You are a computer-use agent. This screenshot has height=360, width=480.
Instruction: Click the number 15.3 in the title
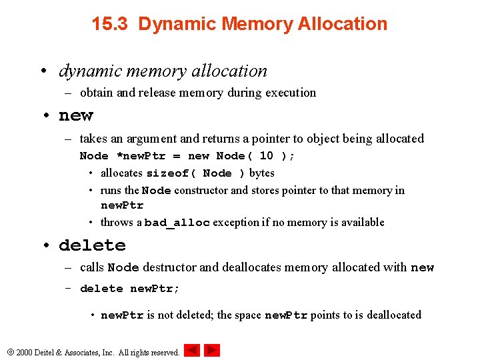point(112,25)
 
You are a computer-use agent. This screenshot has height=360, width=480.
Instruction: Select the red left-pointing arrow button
point(192,350)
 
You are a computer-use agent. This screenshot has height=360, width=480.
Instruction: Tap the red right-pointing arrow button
point(212,350)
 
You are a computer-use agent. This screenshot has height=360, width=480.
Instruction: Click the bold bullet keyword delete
point(92,246)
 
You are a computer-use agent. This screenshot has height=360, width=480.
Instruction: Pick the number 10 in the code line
point(266,156)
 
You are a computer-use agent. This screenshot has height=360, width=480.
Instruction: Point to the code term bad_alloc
point(177,223)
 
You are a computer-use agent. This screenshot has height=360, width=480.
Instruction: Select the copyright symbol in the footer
point(9,352)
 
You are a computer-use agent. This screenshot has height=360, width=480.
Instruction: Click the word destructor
point(169,268)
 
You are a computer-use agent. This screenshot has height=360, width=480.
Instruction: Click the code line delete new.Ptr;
point(130,289)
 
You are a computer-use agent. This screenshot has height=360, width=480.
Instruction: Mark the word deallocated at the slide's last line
point(388,315)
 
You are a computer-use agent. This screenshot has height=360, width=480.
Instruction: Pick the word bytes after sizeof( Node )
point(261,173)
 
